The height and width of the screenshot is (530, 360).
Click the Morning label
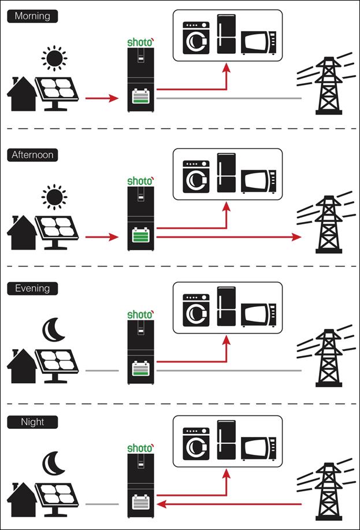click(x=33, y=16)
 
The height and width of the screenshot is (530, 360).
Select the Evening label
click(x=32, y=288)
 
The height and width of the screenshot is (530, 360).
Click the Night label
click(x=32, y=422)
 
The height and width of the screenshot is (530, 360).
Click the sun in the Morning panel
click(x=54, y=59)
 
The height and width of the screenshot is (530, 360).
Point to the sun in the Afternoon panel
click(x=54, y=197)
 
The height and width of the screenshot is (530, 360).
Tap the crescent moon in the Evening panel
click(x=54, y=329)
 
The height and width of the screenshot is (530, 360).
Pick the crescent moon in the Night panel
click(x=54, y=463)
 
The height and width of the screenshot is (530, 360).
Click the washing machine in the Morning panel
click(x=195, y=38)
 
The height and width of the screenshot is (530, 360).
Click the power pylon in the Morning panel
click(x=327, y=83)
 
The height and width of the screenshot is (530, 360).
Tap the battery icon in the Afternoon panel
click(x=140, y=236)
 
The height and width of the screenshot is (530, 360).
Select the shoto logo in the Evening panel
click(x=140, y=314)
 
